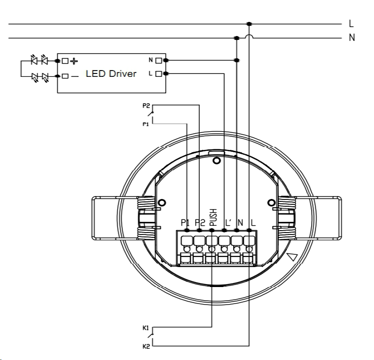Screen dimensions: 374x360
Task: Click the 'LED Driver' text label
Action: coord(111,73)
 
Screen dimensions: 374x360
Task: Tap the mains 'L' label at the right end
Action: coord(351,23)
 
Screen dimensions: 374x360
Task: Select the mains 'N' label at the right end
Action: coord(352,37)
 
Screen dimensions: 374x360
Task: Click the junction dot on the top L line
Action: coord(249,24)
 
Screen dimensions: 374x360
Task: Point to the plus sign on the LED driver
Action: coord(74,61)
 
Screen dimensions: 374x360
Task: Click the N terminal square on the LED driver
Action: coord(158,60)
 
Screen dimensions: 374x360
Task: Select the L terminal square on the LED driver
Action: coord(158,74)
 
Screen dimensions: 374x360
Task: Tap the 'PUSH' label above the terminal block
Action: coord(213,217)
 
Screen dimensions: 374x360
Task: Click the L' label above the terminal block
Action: coord(228,223)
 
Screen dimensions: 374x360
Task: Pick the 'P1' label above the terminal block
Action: coord(185,223)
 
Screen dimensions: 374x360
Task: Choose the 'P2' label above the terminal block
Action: coord(200,223)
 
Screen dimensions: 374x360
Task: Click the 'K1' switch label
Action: coord(146,328)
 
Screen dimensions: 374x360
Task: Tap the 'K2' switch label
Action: coord(146,347)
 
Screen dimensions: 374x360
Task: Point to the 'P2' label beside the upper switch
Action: coord(146,106)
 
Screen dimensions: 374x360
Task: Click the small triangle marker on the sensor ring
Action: coord(292,257)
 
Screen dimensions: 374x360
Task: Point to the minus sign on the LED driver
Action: coord(75,76)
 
